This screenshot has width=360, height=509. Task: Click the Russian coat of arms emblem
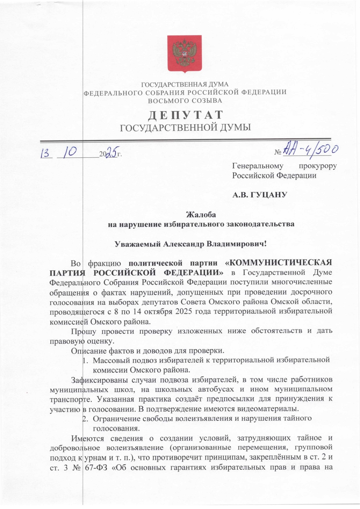click(184, 54)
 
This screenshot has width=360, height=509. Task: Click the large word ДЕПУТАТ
click(186, 115)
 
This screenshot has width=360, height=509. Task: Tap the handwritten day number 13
click(46, 153)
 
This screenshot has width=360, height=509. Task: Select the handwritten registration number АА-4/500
click(311, 150)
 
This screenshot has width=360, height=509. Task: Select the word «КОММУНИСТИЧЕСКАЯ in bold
click(279, 263)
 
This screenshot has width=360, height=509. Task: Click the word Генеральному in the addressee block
click(258, 166)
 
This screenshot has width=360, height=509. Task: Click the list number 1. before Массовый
click(85, 361)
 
